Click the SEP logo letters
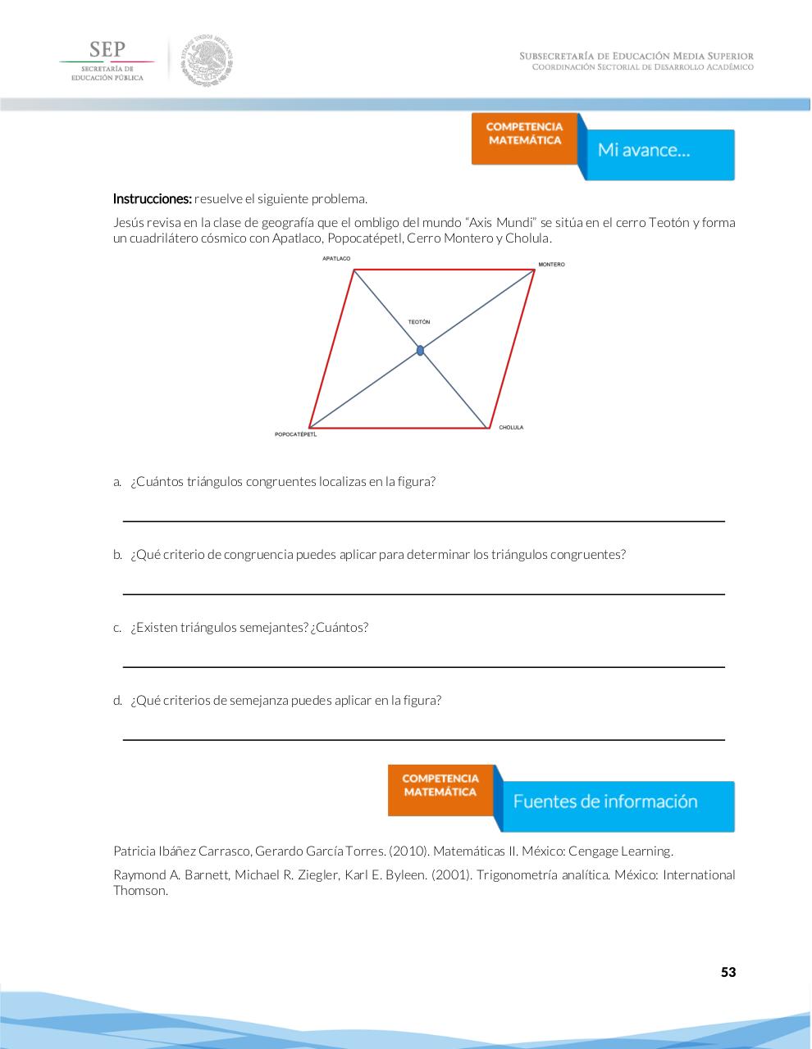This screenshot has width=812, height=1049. (x=107, y=49)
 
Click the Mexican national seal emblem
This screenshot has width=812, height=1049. (x=207, y=60)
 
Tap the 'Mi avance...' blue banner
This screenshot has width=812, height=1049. (x=656, y=152)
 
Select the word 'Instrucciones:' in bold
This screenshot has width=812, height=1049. (x=152, y=199)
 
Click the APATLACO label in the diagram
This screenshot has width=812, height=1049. (x=336, y=259)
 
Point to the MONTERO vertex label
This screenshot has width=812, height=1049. (x=551, y=265)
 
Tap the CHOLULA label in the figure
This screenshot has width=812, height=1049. (x=511, y=428)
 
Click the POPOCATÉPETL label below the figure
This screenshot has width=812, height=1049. (x=295, y=434)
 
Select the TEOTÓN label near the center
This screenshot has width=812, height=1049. (x=419, y=322)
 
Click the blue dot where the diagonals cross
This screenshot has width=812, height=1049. (x=420, y=350)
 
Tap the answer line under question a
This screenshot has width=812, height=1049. (x=423, y=520)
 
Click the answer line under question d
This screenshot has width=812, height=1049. (x=423, y=739)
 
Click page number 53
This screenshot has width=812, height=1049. (x=728, y=973)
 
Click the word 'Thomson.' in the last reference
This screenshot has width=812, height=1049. (x=140, y=891)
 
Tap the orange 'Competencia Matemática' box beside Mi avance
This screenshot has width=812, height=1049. (x=525, y=135)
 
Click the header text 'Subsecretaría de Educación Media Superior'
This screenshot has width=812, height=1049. (x=636, y=56)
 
